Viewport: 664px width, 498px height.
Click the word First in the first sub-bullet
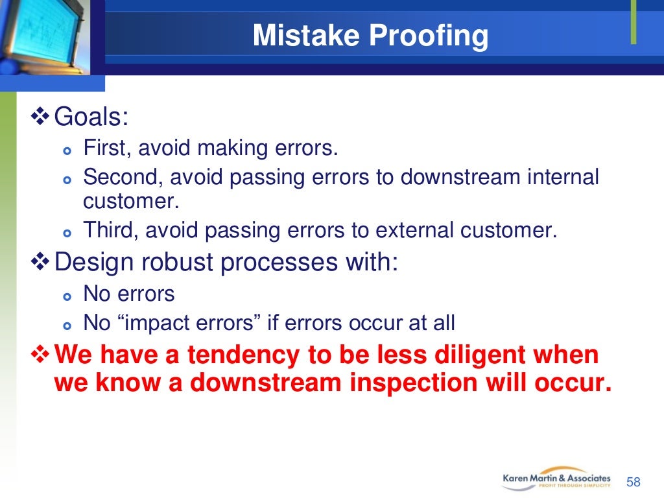coord(106,148)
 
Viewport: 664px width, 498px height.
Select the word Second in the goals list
coord(121,176)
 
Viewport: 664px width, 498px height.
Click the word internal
coord(562,176)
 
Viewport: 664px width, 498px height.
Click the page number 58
coord(633,482)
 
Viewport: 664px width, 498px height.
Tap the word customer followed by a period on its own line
coord(130,202)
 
